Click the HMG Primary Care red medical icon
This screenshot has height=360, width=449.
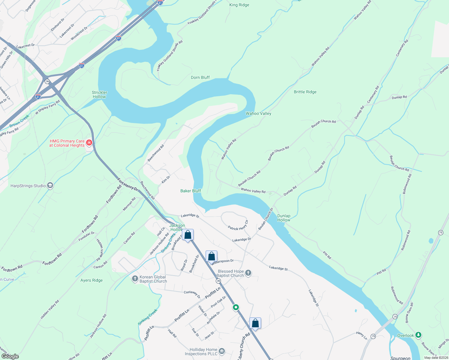(x=89, y=142)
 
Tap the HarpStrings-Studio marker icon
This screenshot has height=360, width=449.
(x=50, y=186)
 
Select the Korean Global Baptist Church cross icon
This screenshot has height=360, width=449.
(x=135, y=279)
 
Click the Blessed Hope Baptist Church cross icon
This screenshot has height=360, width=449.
(x=248, y=273)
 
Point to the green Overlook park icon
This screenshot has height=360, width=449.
(x=418, y=335)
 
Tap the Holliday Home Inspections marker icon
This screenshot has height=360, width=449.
(x=222, y=351)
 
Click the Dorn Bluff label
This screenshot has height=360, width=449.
(x=200, y=77)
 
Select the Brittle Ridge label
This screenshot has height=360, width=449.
(x=305, y=92)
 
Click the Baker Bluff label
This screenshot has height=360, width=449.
(x=191, y=191)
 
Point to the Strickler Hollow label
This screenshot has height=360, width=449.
(x=100, y=94)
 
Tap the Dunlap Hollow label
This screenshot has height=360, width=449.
(x=284, y=218)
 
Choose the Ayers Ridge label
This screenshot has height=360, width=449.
(x=92, y=280)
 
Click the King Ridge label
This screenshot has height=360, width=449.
(x=239, y=5)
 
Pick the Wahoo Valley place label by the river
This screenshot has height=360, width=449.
(x=258, y=113)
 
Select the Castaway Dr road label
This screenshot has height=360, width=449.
(x=192, y=294)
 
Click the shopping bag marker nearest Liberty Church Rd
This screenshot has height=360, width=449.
(x=255, y=323)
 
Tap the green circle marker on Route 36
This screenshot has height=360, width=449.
(x=236, y=307)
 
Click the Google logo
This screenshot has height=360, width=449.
(x=10, y=356)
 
